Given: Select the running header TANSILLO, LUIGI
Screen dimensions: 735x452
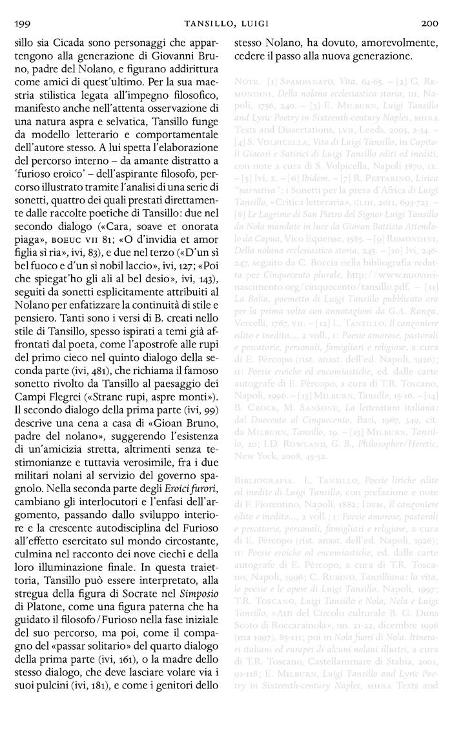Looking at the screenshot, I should coord(225,24).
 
